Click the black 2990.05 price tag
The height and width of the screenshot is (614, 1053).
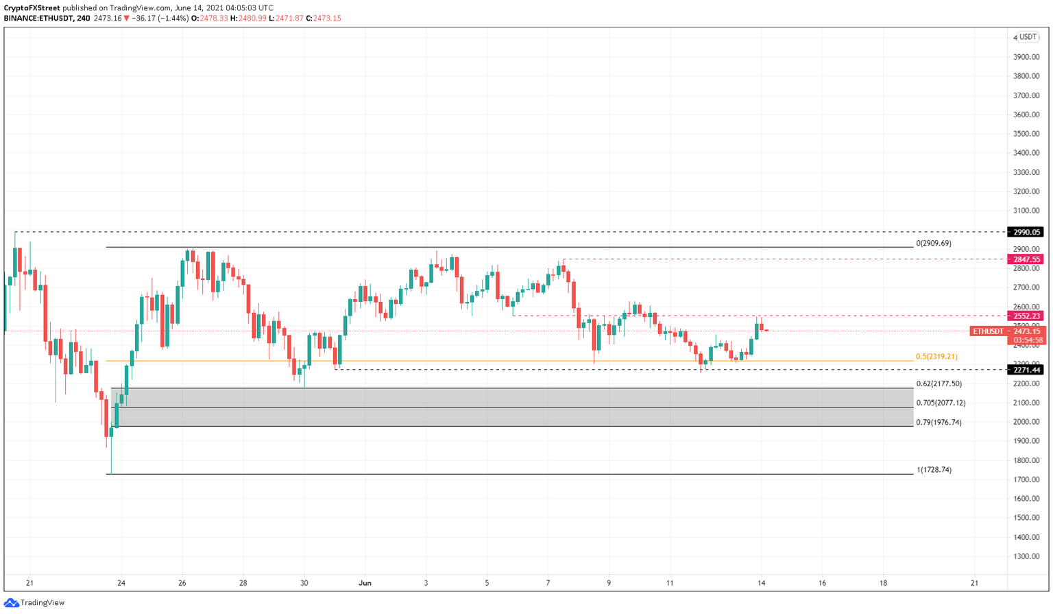(1026, 232)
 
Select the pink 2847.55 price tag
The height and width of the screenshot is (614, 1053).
(1026, 259)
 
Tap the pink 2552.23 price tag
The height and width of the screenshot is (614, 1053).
(1026, 316)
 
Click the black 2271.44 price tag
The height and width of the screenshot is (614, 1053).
(1026, 370)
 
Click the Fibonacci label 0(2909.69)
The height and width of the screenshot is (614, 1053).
(934, 244)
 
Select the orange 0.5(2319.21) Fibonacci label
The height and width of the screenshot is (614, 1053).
(936, 357)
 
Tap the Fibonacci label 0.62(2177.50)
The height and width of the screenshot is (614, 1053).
(939, 384)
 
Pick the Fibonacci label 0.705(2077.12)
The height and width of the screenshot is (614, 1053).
(941, 403)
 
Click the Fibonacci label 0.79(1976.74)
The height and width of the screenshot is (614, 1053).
(939, 423)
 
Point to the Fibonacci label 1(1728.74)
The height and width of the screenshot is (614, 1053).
(934, 470)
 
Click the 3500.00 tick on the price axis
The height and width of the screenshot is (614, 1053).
(1027, 134)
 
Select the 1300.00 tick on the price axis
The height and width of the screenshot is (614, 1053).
(1027, 556)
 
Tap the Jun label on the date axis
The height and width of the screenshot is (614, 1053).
(365, 583)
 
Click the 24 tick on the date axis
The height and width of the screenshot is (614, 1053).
(121, 583)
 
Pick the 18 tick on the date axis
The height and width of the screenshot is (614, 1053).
(883, 583)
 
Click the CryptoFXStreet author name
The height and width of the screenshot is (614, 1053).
(32, 8)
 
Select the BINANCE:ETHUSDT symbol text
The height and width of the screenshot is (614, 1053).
(38, 19)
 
